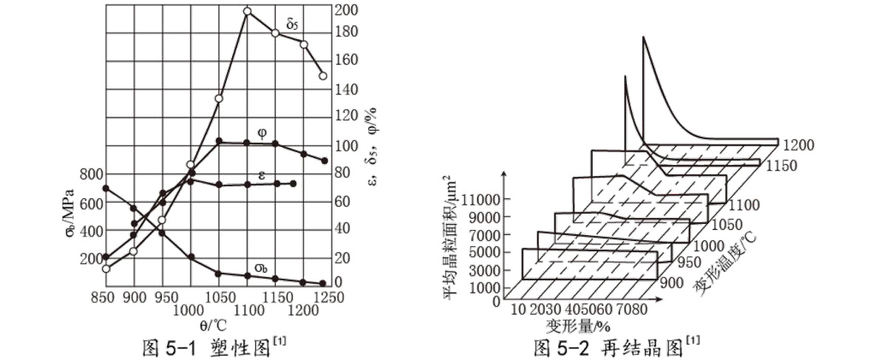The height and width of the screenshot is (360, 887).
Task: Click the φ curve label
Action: click(262, 133)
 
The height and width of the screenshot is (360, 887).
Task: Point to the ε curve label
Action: click(262, 175)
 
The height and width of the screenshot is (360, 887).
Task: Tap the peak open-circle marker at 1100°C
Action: click(247, 11)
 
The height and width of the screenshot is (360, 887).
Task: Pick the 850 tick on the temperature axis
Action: click(105, 296)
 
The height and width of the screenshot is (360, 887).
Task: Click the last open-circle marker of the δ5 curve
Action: click(322, 75)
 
